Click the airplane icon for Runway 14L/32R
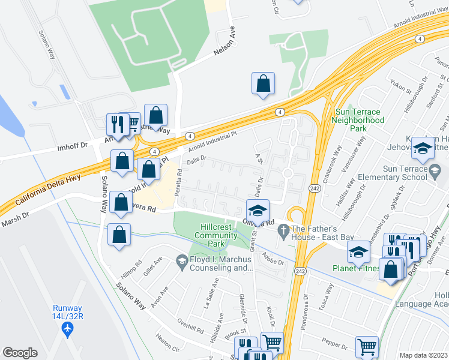pyautogui.click(x=67, y=329)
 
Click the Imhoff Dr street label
pyautogui.click(x=73, y=146)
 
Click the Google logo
pyautogui.click(x=20, y=353)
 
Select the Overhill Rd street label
pyautogui.click(x=191, y=326)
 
